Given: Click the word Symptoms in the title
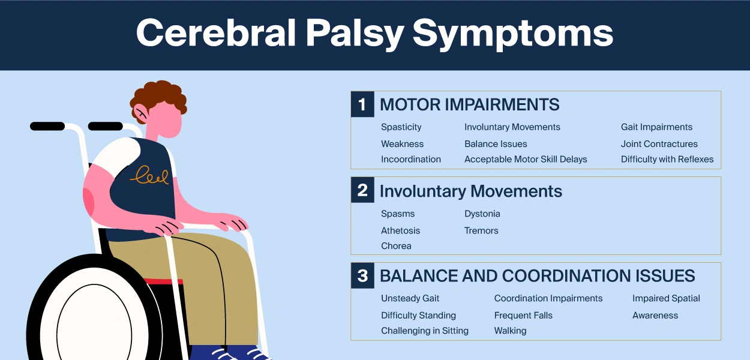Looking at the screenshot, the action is click(x=512, y=34).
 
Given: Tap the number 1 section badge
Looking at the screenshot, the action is click(x=362, y=104).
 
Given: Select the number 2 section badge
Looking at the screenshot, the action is click(x=362, y=190).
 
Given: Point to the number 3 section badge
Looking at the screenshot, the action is click(x=362, y=275).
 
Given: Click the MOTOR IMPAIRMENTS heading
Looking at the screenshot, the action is click(x=469, y=104).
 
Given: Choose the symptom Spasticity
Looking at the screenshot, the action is click(x=401, y=127).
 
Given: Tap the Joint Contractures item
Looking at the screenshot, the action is click(x=659, y=144).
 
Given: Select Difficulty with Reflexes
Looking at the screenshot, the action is click(x=667, y=160).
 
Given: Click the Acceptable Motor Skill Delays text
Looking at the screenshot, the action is click(x=526, y=160).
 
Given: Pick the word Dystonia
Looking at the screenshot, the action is click(x=482, y=214).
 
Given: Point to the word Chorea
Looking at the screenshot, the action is click(x=396, y=246).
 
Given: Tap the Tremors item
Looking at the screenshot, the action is click(x=481, y=230).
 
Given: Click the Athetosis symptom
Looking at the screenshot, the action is click(x=400, y=230).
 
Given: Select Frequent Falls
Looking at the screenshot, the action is click(x=523, y=316).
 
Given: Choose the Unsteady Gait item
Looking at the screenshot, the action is click(x=410, y=298).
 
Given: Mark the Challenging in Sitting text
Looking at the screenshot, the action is click(x=425, y=331).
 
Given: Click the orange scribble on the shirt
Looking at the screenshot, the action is click(x=150, y=175).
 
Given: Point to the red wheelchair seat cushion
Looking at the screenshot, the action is click(x=163, y=281).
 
